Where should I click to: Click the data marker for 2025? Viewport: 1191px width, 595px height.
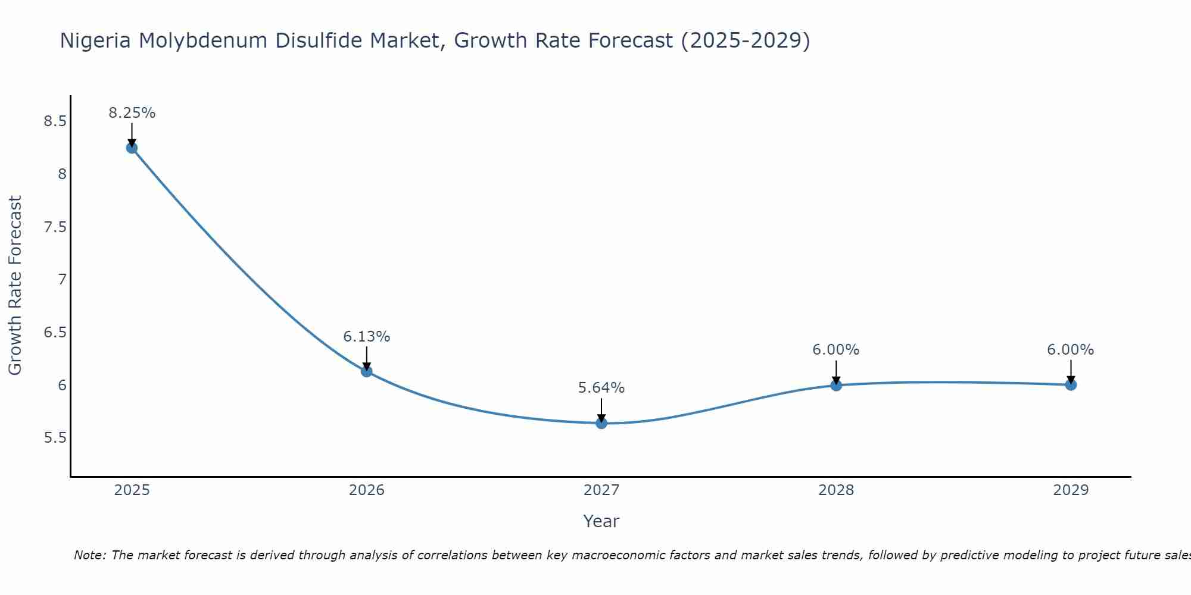tap(132, 148)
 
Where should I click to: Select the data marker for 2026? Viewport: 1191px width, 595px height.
tap(367, 371)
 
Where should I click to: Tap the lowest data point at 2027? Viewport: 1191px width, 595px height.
tap(601, 423)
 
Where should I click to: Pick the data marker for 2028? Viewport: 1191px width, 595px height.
tap(836, 385)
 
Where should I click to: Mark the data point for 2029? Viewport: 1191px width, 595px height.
tap(1071, 385)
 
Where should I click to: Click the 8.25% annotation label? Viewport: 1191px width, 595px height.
tap(132, 113)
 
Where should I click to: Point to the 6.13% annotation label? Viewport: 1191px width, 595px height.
tap(367, 337)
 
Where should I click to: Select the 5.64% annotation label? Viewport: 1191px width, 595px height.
tap(601, 388)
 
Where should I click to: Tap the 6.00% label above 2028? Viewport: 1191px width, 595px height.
tap(836, 350)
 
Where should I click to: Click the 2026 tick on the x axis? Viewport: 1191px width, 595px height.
tap(367, 490)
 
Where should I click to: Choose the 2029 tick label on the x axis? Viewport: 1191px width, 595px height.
tap(1071, 490)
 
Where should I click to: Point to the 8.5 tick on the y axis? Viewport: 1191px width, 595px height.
tap(55, 122)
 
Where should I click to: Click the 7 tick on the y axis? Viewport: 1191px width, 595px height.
tap(63, 280)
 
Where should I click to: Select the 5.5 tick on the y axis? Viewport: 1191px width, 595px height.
tap(55, 438)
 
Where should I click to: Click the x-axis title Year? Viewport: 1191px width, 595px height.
tap(601, 521)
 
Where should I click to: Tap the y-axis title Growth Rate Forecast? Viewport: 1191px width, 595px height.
tap(15, 286)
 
